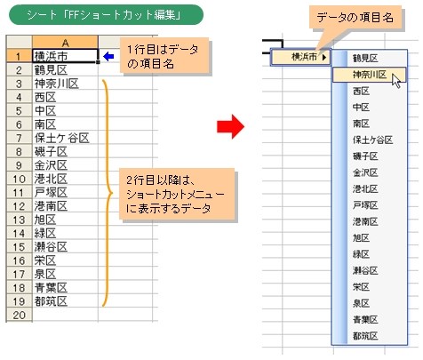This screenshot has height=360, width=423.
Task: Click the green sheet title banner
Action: (106, 15)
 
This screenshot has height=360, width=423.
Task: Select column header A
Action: (65, 43)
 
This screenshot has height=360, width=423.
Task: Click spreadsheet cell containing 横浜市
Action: (65, 56)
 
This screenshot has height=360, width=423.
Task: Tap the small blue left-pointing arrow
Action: (108, 56)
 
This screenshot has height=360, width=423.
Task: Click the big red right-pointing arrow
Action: (230, 126)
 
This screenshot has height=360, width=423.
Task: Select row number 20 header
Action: (19, 315)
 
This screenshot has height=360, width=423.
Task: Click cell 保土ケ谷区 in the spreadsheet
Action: (65, 138)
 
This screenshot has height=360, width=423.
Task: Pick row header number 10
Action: (19, 179)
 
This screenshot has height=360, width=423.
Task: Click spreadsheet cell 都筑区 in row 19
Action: (65, 301)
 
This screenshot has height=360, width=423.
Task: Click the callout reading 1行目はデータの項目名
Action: (164, 55)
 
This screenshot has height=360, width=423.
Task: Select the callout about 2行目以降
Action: (177, 194)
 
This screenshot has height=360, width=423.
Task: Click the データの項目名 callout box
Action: (355, 18)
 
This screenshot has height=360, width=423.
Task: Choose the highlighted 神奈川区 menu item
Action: (369, 75)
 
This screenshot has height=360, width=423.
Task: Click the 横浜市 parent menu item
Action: (300, 57)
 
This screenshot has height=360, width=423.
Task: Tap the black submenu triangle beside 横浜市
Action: (324, 57)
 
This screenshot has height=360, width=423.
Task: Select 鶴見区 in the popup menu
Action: (365, 59)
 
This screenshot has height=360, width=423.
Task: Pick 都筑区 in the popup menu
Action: (365, 336)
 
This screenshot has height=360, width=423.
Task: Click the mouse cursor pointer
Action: (396, 81)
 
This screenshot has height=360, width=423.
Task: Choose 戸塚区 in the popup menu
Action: (365, 205)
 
